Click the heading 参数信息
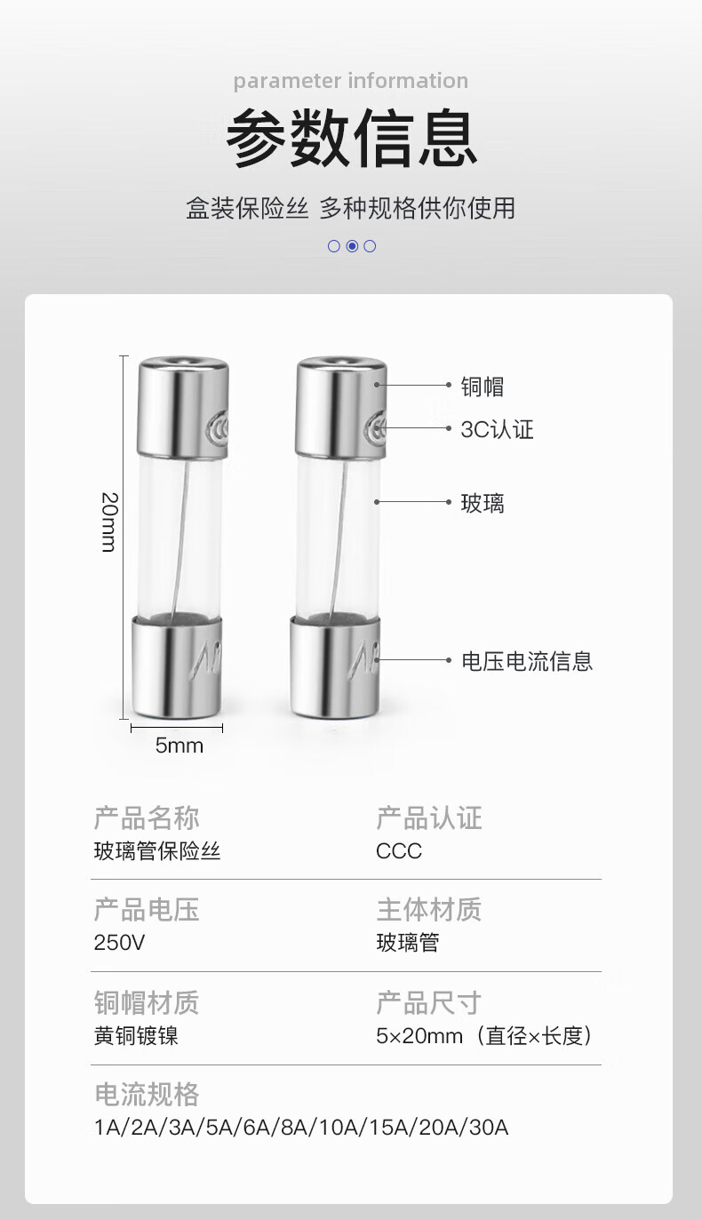click(x=351, y=139)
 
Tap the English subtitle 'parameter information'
click(x=351, y=81)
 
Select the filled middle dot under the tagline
click(x=352, y=246)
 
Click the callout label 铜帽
click(x=483, y=387)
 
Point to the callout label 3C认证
click(x=497, y=430)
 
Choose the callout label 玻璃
click(x=483, y=504)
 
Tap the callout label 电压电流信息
click(x=527, y=661)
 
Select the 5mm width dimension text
click(x=179, y=746)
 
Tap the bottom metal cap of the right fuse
click(x=338, y=666)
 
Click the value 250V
click(x=119, y=943)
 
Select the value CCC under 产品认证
click(x=399, y=851)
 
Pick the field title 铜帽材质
click(x=147, y=1002)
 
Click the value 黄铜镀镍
click(x=136, y=1036)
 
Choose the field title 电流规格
click(x=147, y=1094)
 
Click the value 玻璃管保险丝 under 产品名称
click(x=157, y=851)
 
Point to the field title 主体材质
click(x=428, y=909)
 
